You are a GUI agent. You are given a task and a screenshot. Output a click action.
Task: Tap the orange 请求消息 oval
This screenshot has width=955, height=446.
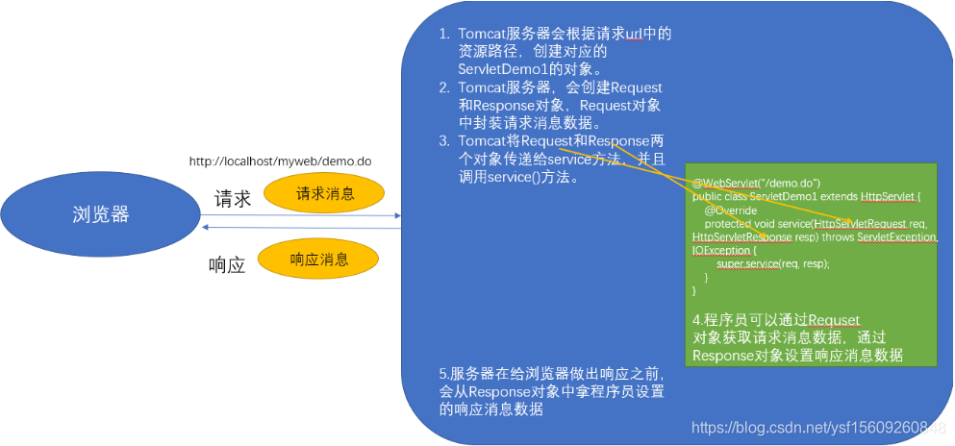click(x=324, y=193)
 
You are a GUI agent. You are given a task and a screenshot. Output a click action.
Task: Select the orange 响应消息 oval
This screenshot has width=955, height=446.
click(x=319, y=260)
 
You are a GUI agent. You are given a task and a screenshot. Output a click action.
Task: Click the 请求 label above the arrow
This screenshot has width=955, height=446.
click(x=232, y=199)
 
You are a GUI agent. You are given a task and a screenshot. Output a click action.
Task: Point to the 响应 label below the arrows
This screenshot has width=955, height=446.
click(x=227, y=264)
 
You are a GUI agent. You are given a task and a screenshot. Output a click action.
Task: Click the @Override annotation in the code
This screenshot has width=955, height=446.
click(x=730, y=210)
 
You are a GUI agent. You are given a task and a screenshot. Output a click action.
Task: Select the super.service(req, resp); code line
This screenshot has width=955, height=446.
click(x=772, y=263)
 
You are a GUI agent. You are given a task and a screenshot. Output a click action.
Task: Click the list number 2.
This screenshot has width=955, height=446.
click(x=443, y=87)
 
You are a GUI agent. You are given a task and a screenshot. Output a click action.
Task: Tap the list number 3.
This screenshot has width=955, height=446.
click(x=443, y=141)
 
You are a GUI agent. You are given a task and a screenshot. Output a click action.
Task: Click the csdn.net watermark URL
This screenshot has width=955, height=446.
click(x=818, y=427)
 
